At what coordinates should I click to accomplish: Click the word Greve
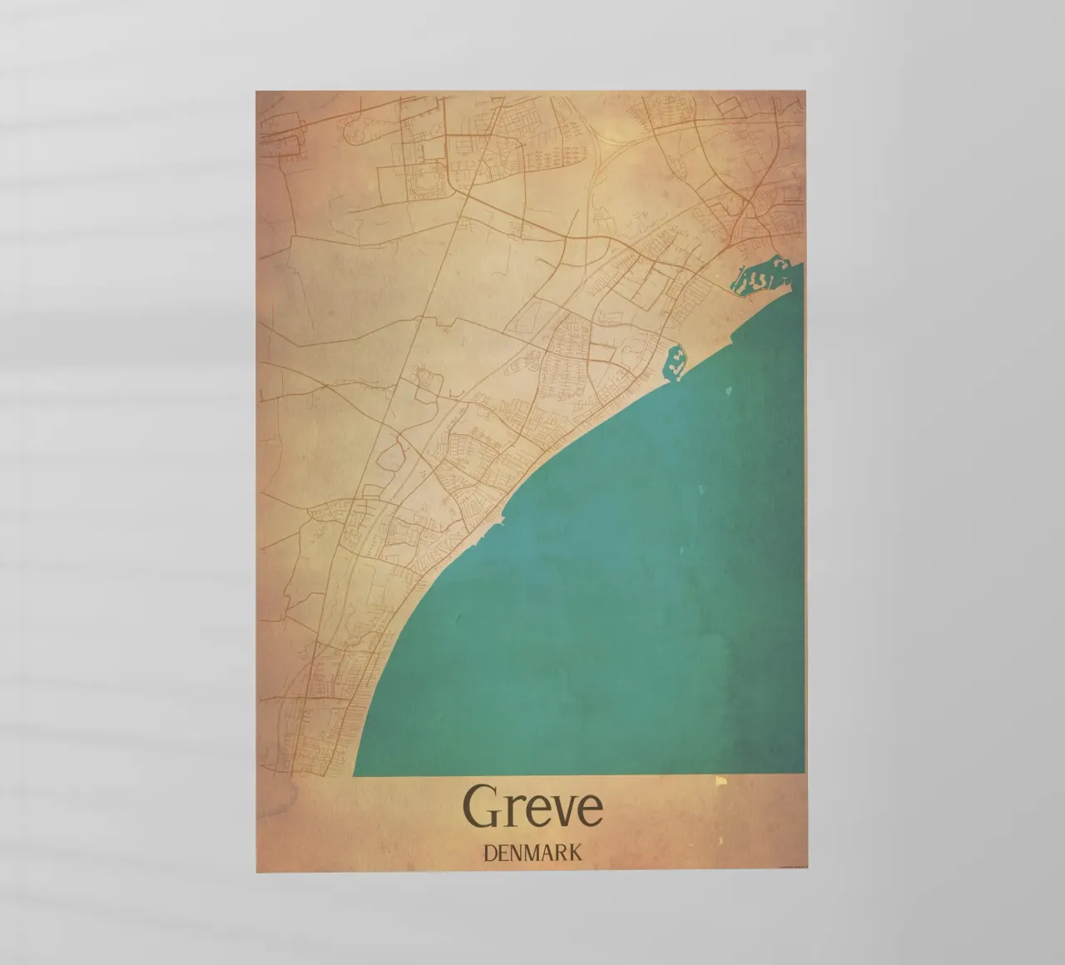(532, 805)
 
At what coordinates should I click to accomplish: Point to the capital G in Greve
(481, 805)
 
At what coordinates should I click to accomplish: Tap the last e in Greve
(589, 809)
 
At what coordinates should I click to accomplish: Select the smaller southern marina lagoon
(676, 363)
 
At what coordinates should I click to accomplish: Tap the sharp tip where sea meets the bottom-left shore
(354, 774)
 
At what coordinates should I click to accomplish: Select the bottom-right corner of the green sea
(804, 773)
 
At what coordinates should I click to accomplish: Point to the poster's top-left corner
(256, 91)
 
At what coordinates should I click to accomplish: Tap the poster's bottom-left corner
(256, 873)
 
